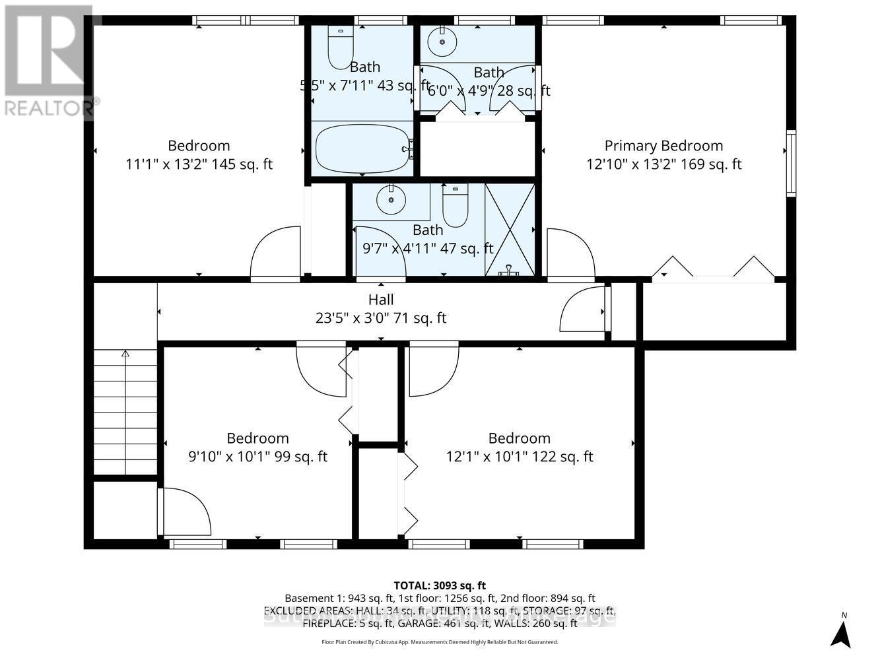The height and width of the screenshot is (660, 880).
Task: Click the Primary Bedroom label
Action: click(663, 146)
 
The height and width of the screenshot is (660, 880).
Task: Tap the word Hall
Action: click(381, 300)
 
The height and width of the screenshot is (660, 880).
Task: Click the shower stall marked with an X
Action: click(510, 230)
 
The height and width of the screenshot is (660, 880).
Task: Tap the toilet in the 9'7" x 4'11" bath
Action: click(455, 206)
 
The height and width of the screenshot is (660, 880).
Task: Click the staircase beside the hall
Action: click(125, 412)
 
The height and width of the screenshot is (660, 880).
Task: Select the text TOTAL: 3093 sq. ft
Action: click(440, 585)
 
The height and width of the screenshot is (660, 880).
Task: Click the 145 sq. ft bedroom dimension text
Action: click(199, 164)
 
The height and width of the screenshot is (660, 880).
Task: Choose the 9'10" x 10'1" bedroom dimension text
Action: click(257, 457)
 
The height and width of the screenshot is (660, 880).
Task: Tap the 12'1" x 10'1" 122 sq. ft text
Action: click(519, 457)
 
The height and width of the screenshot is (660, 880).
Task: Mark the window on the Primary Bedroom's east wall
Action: click(790, 163)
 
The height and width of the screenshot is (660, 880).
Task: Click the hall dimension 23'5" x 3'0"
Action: click(381, 318)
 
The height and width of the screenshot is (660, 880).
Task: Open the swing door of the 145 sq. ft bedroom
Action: click(275, 254)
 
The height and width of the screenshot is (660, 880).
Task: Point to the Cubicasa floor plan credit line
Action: click(440, 642)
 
